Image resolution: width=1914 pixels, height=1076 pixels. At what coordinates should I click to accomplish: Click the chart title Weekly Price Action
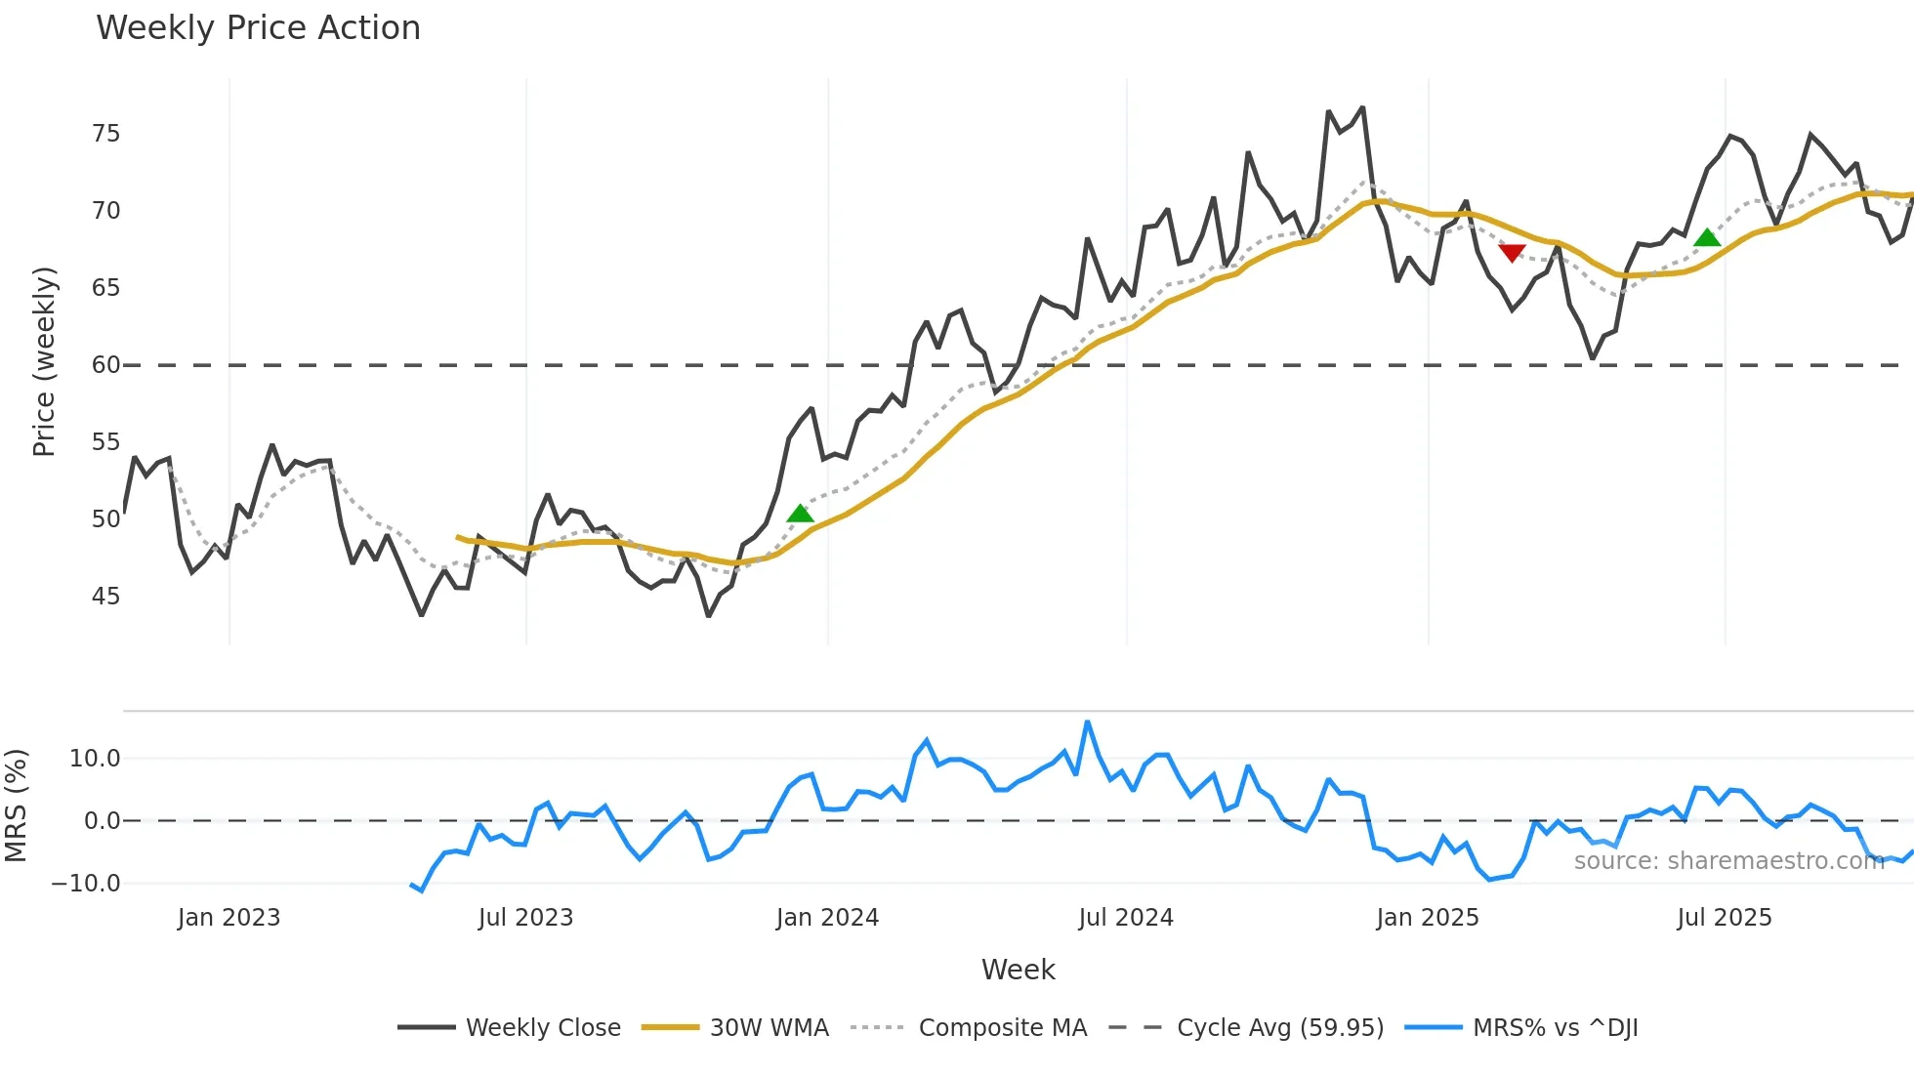[x=258, y=28]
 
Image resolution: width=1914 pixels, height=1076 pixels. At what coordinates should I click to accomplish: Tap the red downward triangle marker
[x=1512, y=253]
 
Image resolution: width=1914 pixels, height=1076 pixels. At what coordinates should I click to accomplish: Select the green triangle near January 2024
[x=800, y=514]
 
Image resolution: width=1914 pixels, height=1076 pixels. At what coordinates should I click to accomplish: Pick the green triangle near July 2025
[x=1707, y=237]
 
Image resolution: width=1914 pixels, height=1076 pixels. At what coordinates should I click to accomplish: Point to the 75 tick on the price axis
[x=106, y=134]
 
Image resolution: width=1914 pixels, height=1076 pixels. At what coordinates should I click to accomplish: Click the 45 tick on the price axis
[x=106, y=597]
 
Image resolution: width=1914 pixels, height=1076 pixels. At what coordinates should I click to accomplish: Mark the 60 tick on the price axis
[x=106, y=365]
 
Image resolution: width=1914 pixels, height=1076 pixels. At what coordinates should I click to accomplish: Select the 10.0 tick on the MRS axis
[x=95, y=759]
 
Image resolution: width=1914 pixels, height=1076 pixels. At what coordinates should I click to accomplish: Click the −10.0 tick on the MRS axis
[x=86, y=884]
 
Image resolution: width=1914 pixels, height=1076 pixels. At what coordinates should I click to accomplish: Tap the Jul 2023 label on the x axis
[x=525, y=918]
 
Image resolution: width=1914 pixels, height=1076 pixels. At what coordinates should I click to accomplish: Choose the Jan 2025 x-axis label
[x=1427, y=918]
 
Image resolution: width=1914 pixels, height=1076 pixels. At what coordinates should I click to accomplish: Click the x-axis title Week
[x=1018, y=970]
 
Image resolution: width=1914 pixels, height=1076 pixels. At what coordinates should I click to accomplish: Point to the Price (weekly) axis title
[x=44, y=361]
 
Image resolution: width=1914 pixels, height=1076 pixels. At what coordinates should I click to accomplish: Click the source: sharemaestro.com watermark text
[x=1728, y=861]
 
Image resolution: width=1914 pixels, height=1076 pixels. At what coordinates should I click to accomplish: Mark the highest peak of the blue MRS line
[x=1087, y=723]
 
